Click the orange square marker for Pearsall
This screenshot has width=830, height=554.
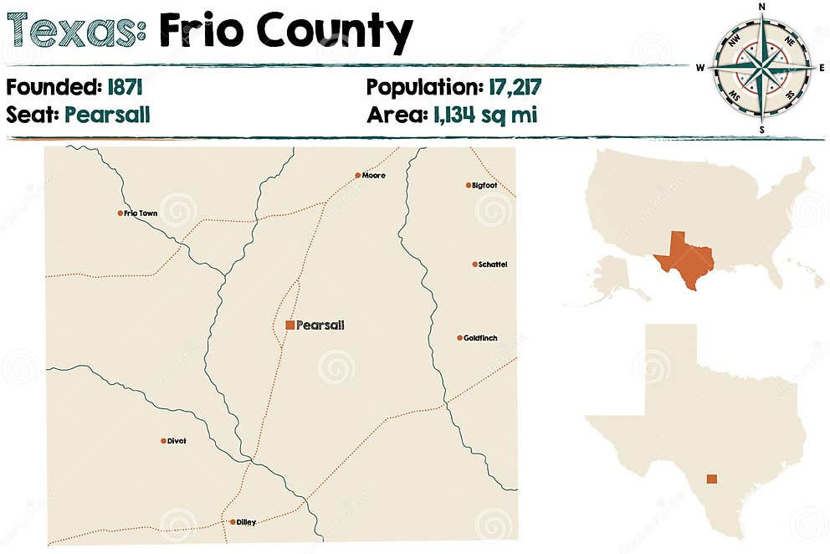pyautogui.click(x=289, y=325)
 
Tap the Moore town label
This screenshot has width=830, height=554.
pyautogui.click(x=373, y=176)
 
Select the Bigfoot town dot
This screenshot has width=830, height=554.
pyautogui.click(x=469, y=185)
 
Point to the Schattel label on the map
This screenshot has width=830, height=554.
pyautogui.click(x=493, y=264)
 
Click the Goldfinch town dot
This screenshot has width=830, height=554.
pyautogui.click(x=459, y=338)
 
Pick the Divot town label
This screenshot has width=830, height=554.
pyautogui.click(x=177, y=441)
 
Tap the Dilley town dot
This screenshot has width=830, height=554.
pyautogui.click(x=233, y=522)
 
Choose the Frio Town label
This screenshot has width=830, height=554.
pyautogui.click(x=141, y=213)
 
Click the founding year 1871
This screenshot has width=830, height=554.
pyautogui.click(x=131, y=86)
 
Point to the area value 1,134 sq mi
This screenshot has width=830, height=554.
pyautogui.click(x=484, y=115)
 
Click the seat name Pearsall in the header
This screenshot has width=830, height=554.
pyautogui.click(x=106, y=115)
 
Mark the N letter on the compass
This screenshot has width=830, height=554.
pyautogui.click(x=762, y=7)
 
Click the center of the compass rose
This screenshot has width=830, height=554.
pyautogui.click(x=762, y=67)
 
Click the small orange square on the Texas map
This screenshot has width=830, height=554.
pyautogui.click(x=711, y=480)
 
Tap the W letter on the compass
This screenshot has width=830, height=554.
pyautogui.click(x=701, y=67)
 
